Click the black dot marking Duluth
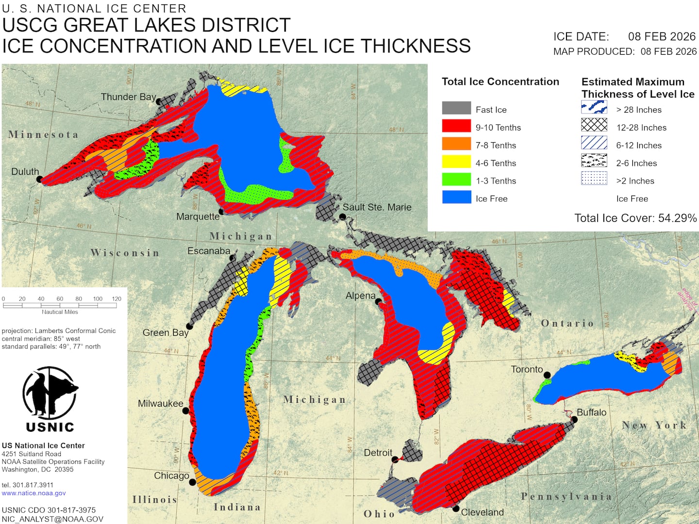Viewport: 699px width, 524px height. pyautogui.click(x=39, y=179)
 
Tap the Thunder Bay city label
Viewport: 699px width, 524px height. pyautogui.click(x=128, y=97)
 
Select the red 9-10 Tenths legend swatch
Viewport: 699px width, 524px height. pyautogui.click(x=456, y=126)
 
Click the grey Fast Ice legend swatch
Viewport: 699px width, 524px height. pyautogui.click(x=456, y=108)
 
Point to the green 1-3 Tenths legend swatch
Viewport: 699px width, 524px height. pyautogui.click(x=456, y=180)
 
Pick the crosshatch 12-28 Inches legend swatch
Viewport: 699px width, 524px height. pyautogui.click(x=594, y=125)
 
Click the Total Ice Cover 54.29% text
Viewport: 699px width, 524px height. pyautogui.click(x=635, y=218)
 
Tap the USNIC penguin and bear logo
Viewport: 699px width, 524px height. pyautogui.click(x=50, y=393)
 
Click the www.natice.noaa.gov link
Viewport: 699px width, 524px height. pyautogui.click(x=33, y=493)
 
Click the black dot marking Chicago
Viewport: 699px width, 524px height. pyautogui.click(x=192, y=482)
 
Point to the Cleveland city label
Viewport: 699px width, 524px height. pyautogui.click(x=482, y=512)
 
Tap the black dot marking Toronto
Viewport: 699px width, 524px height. pyautogui.click(x=547, y=375)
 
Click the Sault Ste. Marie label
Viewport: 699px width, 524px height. pyautogui.click(x=377, y=207)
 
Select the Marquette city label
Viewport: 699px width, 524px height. pyautogui.click(x=198, y=216)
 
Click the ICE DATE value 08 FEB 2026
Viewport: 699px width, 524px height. pyautogui.click(x=662, y=36)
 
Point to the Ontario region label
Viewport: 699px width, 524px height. pyautogui.click(x=567, y=324)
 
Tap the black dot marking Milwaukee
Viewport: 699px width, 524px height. pyautogui.click(x=185, y=411)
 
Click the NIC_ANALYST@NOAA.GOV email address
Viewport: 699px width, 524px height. pyautogui.click(x=52, y=519)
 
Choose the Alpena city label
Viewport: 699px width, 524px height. pyautogui.click(x=360, y=295)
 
